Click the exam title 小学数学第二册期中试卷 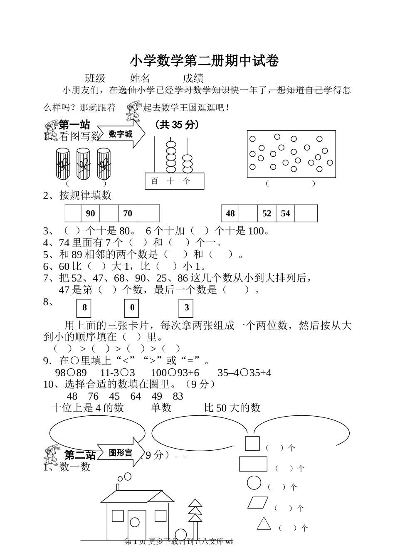[x=204, y=61]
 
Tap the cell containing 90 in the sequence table [x=90, y=213]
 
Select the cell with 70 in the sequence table [x=128, y=213]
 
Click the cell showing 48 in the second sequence [x=230, y=213]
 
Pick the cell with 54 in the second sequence [x=285, y=213]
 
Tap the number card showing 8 [x=84, y=308]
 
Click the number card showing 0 [x=132, y=308]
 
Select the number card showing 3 [x=187, y=308]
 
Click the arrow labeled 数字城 [x=121, y=134]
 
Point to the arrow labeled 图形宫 [x=121, y=452]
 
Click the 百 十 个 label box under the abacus [x=175, y=181]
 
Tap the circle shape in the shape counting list [x=254, y=483]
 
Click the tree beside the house [x=195, y=516]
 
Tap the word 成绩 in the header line [x=193, y=78]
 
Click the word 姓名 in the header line [x=140, y=78]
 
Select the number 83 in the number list [x=178, y=396]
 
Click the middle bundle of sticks [x=84, y=163]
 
